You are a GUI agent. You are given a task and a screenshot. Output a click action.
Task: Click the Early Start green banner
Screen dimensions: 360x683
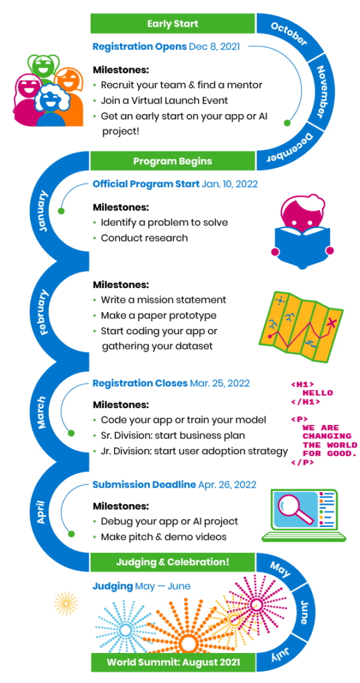(x=173, y=23)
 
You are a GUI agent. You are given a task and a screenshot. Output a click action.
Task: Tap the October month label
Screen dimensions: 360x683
(x=289, y=33)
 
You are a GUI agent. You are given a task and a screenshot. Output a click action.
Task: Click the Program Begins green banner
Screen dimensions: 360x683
(x=173, y=161)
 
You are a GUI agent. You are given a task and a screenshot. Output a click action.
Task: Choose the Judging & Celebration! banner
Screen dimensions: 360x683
(x=173, y=562)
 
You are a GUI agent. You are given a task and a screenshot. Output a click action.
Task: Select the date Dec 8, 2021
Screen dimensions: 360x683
(x=214, y=47)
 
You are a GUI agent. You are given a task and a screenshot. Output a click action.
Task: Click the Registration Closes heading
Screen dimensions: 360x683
(x=140, y=384)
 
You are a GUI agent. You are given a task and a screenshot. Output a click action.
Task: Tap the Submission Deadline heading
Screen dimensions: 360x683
(x=143, y=485)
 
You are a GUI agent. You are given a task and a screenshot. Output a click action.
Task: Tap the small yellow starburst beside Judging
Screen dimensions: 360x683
(x=66, y=604)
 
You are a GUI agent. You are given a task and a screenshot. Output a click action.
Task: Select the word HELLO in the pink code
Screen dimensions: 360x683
(x=317, y=393)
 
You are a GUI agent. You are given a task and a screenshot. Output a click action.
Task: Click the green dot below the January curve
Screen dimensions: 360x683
(x=61, y=211)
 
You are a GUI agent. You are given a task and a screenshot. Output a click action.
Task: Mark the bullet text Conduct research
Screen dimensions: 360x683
(x=144, y=238)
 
